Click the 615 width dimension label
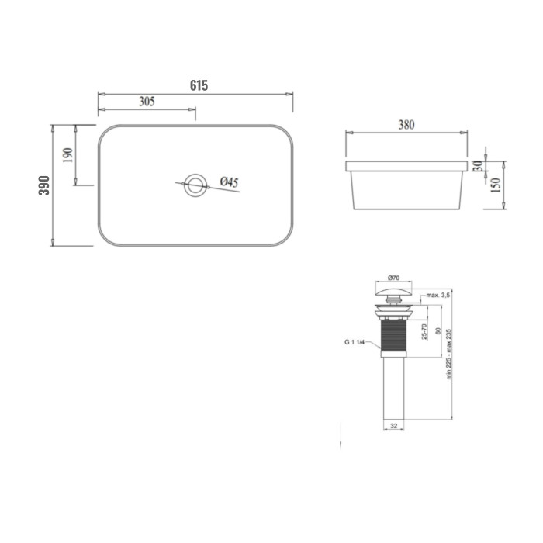tap(199, 85)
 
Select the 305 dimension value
tap(147, 102)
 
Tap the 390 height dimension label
tap(44, 185)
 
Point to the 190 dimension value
tap(68, 155)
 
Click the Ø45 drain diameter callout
tap(230, 182)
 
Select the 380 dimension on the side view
tap(406, 125)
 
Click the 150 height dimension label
tap(496, 185)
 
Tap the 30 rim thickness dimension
tap(479, 166)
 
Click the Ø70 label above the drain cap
tap(394, 278)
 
